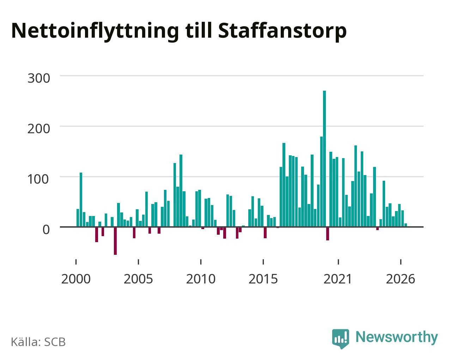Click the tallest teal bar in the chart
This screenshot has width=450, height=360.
(324, 159)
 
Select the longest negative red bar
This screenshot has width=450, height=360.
(115, 241)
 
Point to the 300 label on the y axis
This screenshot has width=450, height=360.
(39, 78)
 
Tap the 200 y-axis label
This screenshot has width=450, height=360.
(39, 129)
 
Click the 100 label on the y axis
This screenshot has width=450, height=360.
(38, 179)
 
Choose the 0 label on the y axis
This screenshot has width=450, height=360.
(46, 230)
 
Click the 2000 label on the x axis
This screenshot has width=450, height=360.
(76, 279)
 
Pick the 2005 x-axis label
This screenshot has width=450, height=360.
(138, 279)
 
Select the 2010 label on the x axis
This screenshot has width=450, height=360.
(201, 279)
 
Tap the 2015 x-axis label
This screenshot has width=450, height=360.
(263, 279)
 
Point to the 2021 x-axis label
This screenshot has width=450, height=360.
(338, 279)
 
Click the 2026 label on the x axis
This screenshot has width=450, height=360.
(400, 279)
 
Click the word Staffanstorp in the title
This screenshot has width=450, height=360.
(282, 31)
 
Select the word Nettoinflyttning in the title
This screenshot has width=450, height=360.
(95, 31)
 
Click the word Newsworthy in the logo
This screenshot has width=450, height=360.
(397, 337)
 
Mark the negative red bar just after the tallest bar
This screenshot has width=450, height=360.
(328, 234)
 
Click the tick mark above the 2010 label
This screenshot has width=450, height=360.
(201, 262)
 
